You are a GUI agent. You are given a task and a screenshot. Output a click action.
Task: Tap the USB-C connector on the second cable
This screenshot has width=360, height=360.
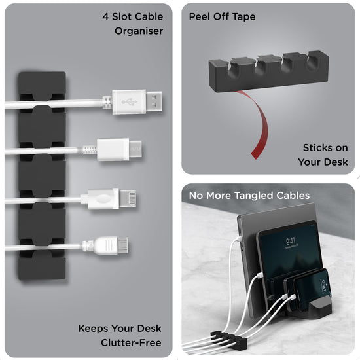(x=120, y=149)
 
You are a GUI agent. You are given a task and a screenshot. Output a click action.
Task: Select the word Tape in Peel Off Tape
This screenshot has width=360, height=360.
(x=243, y=16)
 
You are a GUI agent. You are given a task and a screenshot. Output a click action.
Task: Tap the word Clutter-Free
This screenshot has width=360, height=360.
(x=132, y=342)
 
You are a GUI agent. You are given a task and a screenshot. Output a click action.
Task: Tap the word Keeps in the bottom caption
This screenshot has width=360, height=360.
(x=93, y=328)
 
